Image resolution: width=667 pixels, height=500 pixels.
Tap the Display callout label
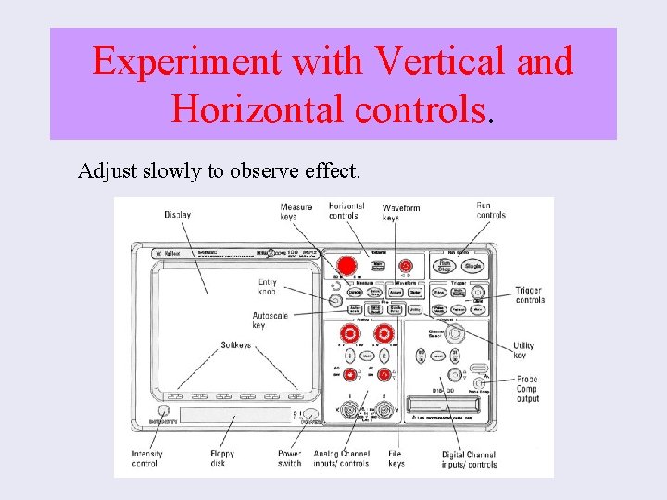178,215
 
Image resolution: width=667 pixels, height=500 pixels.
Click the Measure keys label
296,211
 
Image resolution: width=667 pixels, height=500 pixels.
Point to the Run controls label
491,210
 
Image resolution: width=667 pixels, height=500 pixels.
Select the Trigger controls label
530,295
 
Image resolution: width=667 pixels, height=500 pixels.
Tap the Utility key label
523,350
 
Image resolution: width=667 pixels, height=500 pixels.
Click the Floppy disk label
222,458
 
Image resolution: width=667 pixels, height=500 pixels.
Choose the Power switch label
290,458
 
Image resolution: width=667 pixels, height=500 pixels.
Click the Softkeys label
235,345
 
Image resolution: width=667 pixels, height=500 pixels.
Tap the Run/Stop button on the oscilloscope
444,266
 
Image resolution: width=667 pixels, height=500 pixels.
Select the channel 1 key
350,355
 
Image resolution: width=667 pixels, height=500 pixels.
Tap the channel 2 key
382,355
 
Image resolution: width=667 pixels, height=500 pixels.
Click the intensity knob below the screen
163,411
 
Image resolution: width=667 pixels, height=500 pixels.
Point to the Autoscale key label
270,320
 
